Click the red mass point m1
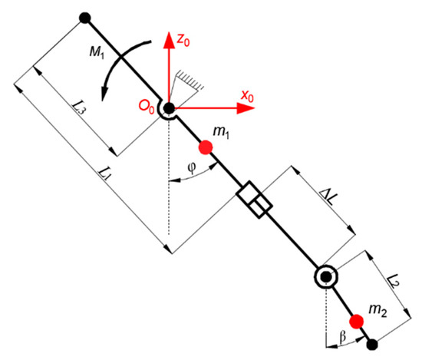[205, 147]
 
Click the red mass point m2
[355, 321]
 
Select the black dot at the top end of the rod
[84, 17]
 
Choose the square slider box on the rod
[254, 201]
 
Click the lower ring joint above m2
[325, 276]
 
